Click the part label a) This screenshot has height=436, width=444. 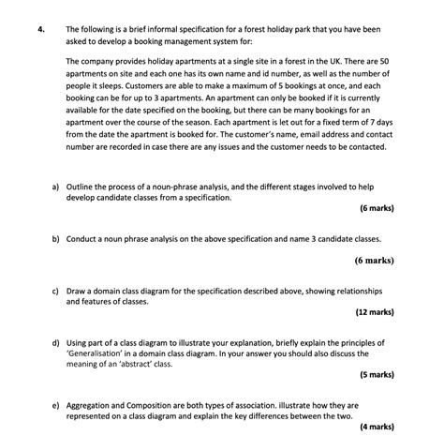(x=56, y=187)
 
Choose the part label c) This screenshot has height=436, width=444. (x=56, y=292)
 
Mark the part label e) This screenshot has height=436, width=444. (x=56, y=404)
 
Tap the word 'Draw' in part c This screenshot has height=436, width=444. (x=77, y=292)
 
